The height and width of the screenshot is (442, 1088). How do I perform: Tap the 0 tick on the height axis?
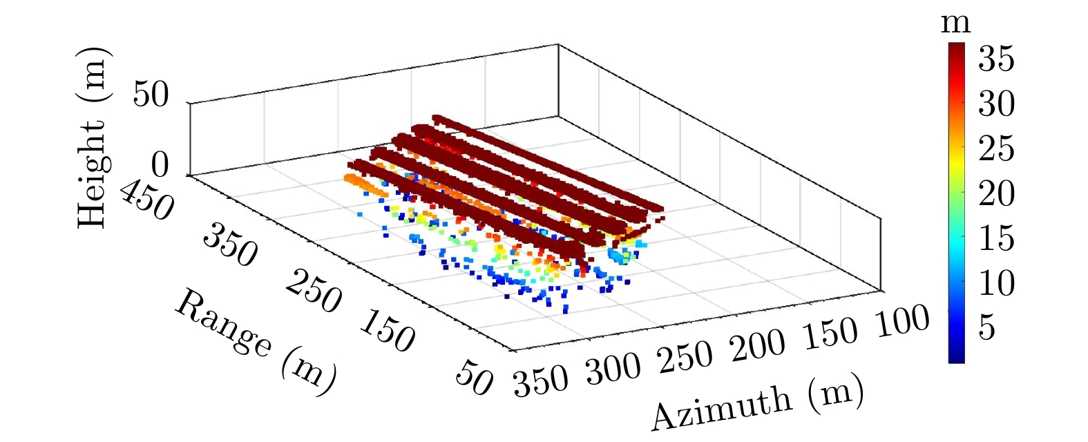pyautogui.click(x=160, y=165)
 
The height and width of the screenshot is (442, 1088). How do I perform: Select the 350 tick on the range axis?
pyautogui.click(x=230, y=245)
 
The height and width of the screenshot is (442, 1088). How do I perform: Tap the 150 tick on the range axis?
pyautogui.click(x=388, y=331)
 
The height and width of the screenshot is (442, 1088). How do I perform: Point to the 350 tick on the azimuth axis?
pyautogui.click(x=541, y=381)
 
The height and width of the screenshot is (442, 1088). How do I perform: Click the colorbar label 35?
pyautogui.click(x=996, y=59)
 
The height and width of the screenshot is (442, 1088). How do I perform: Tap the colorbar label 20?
pyautogui.click(x=996, y=194)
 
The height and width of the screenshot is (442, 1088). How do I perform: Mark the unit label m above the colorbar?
pyautogui.click(x=956, y=23)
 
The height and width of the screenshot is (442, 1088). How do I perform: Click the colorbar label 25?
pyautogui.click(x=996, y=149)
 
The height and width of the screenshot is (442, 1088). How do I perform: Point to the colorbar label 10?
pyautogui.click(x=996, y=283)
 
